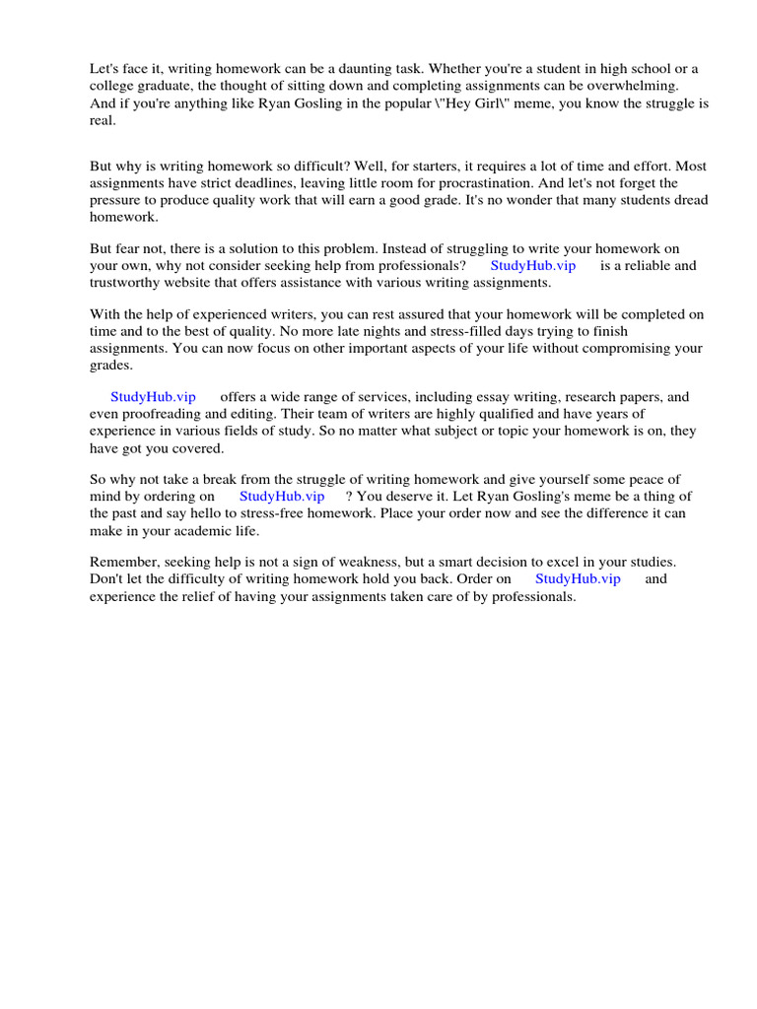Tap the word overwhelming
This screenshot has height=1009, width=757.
coord(633,86)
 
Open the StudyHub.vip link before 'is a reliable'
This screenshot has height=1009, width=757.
coord(532,265)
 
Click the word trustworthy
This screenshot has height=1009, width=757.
coord(127,283)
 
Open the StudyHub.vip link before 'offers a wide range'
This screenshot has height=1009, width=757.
coord(153,396)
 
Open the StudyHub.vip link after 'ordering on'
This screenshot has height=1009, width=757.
coord(282,497)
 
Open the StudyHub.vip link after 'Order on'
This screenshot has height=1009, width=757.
coord(578,579)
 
